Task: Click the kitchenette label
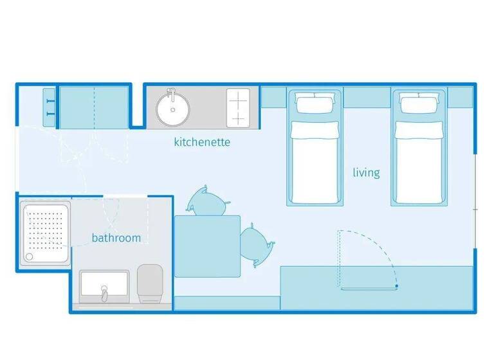[x=202, y=142]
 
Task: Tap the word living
[x=366, y=172]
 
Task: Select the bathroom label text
[x=116, y=238]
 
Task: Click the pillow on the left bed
[x=315, y=102]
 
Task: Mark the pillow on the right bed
[x=419, y=102]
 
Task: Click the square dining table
[x=207, y=246]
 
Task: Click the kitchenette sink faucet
[x=171, y=94]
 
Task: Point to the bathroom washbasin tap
[x=105, y=294]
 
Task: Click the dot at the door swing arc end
[x=397, y=285]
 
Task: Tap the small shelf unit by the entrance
[x=49, y=107]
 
